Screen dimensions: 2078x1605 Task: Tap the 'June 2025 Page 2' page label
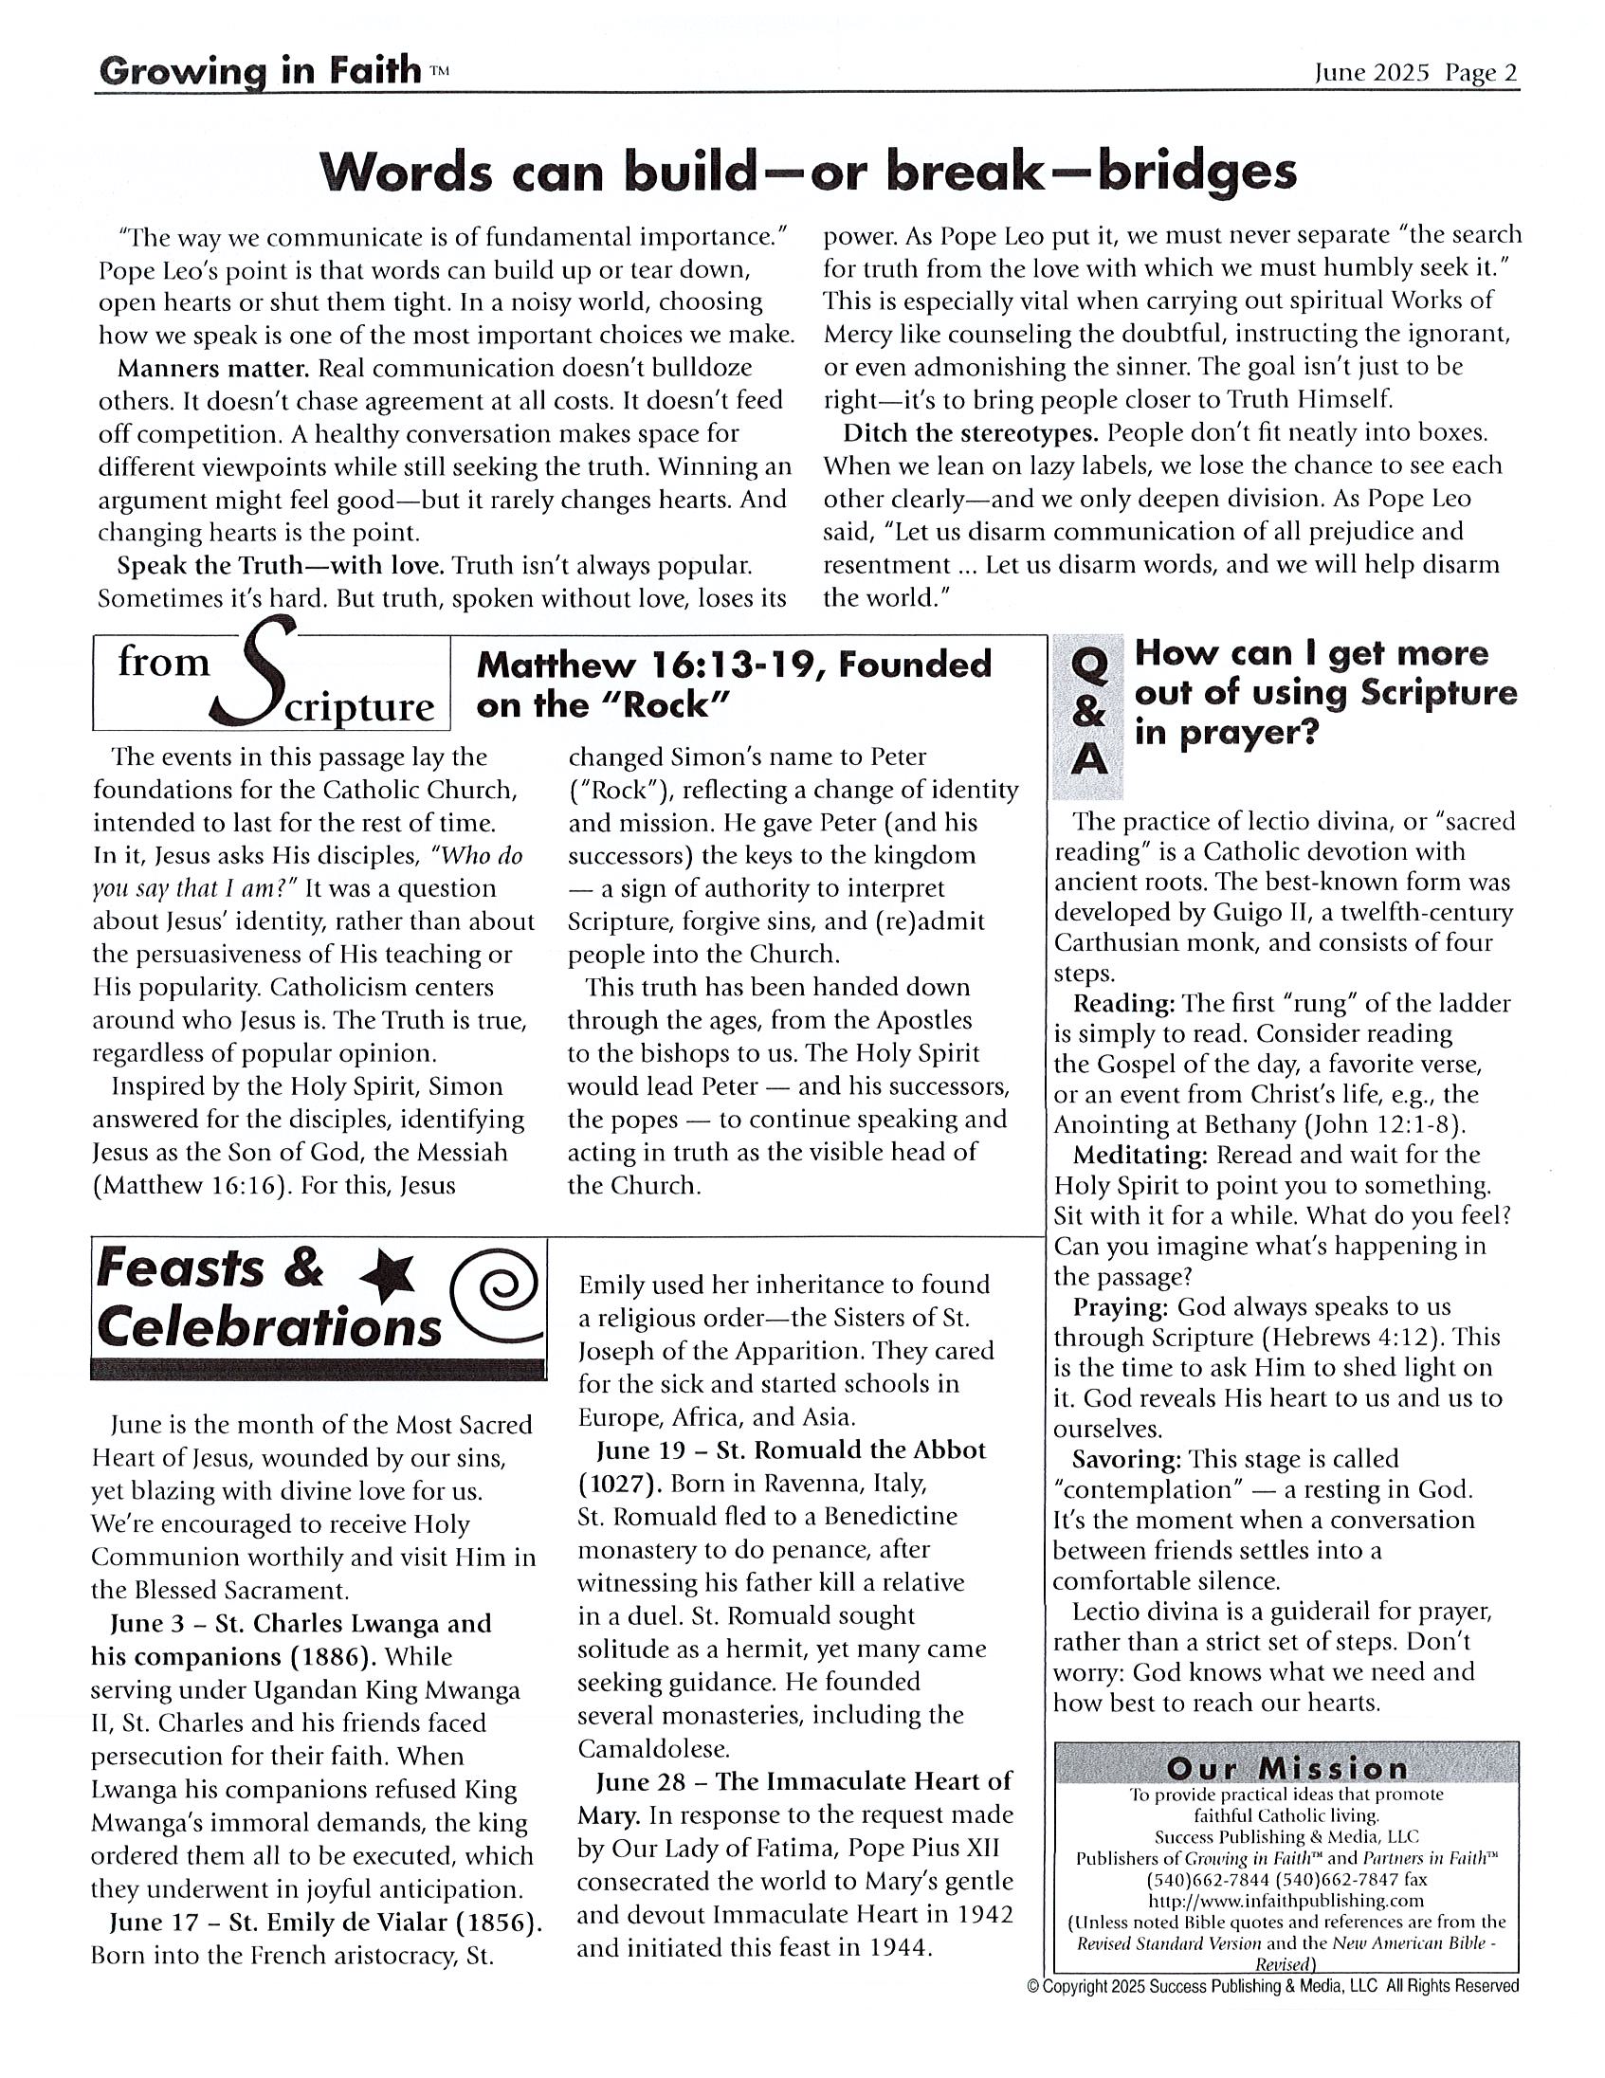point(1415,73)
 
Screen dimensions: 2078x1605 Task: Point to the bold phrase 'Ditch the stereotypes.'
point(971,433)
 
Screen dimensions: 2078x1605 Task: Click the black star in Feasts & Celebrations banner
point(391,1276)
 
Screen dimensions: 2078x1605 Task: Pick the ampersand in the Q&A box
point(1087,714)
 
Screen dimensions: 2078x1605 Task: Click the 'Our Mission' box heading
point(1286,1769)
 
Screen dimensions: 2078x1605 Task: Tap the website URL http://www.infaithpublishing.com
point(1286,1901)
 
